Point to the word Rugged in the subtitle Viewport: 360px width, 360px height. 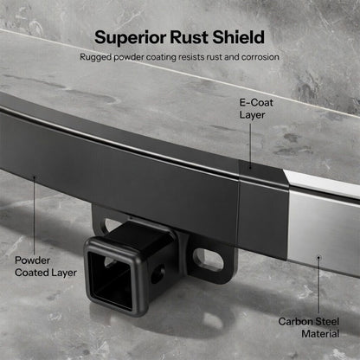coord(98,58)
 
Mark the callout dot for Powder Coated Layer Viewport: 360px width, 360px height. coord(35,177)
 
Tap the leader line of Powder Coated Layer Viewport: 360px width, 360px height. coord(35,216)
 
